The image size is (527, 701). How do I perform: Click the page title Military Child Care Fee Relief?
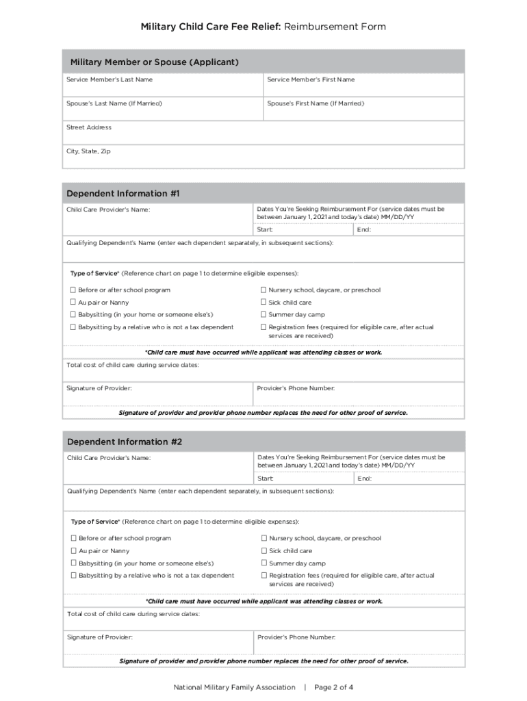210,27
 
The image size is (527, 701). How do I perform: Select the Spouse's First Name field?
364,110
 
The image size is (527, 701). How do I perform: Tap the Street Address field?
263,134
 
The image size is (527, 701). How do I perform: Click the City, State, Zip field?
263,158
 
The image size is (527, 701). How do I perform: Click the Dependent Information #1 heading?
123,194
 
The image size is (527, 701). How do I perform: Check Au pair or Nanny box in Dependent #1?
73,303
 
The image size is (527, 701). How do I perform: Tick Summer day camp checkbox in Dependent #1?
263,315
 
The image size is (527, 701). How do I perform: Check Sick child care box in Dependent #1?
263,303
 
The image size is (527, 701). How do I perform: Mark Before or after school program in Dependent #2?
73,538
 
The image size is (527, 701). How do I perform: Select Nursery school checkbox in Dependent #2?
264,538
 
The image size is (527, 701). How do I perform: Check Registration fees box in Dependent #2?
264,576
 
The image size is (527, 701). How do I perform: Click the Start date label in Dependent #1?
265,229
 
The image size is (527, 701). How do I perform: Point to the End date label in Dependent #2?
364,478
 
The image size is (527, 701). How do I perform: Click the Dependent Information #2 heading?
125,442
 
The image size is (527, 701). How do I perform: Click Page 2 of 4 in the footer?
334,687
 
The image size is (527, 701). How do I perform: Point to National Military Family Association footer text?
235,687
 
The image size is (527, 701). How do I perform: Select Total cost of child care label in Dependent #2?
133,614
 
